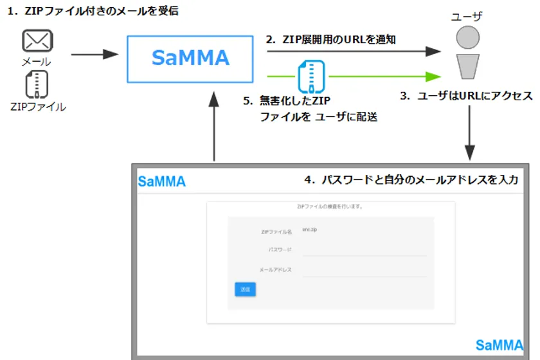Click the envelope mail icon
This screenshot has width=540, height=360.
pos(37,41)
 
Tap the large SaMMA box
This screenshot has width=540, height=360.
pos(190,57)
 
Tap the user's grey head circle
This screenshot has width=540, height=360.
pos(469,38)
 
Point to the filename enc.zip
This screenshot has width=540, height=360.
pos(309,230)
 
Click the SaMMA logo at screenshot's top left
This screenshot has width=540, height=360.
pos(162,182)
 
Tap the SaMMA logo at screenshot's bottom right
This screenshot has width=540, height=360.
pos(500,345)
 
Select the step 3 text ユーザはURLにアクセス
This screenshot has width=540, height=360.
pos(466,96)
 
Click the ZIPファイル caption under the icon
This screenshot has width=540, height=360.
pos(38,107)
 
